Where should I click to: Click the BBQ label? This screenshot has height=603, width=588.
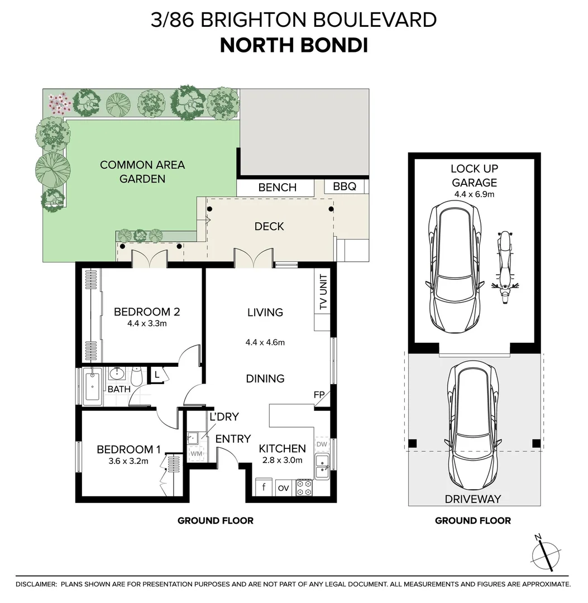pos(344,186)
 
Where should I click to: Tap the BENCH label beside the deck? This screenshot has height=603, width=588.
pos(278,188)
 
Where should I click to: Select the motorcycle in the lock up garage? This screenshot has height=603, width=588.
pos(505,267)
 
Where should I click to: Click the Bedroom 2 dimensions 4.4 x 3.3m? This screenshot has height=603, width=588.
pos(147,323)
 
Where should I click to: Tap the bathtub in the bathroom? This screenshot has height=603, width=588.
pos(93,386)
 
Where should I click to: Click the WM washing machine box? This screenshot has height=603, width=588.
pos(197,454)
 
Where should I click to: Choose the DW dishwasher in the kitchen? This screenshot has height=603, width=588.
pos(322,444)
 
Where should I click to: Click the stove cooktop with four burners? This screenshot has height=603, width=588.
pos(304,487)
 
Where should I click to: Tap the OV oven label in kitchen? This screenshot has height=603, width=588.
pos(284,488)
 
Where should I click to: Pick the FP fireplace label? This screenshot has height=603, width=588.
pos(319,395)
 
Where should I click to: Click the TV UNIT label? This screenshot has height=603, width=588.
pos(323,292)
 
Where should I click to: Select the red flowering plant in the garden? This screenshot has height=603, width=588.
pos(59,103)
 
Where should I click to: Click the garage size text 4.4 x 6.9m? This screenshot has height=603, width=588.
pos(474,194)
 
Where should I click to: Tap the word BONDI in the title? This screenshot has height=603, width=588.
pos(334,45)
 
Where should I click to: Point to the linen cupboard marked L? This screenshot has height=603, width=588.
pos(157,375)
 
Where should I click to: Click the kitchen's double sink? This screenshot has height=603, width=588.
pos(322,466)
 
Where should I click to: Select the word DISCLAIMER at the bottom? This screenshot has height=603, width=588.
pos(36,584)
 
